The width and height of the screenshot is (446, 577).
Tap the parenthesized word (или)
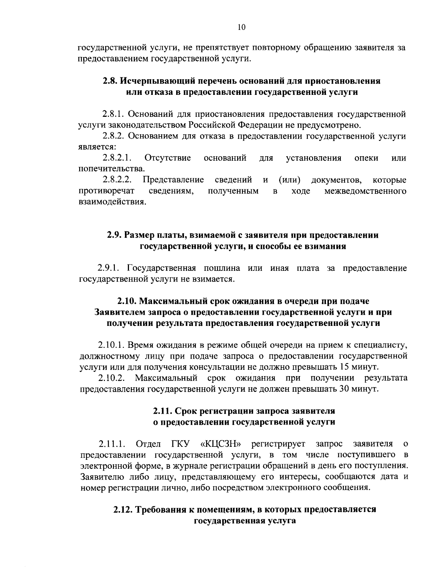pyautogui.click(x=290, y=180)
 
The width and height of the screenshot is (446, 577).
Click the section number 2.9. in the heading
pyautogui.click(x=114, y=235)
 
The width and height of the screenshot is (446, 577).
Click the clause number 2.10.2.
pyautogui.click(x=111, y=378)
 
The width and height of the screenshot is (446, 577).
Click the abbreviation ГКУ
pyautogui.click(x=180, y=444)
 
